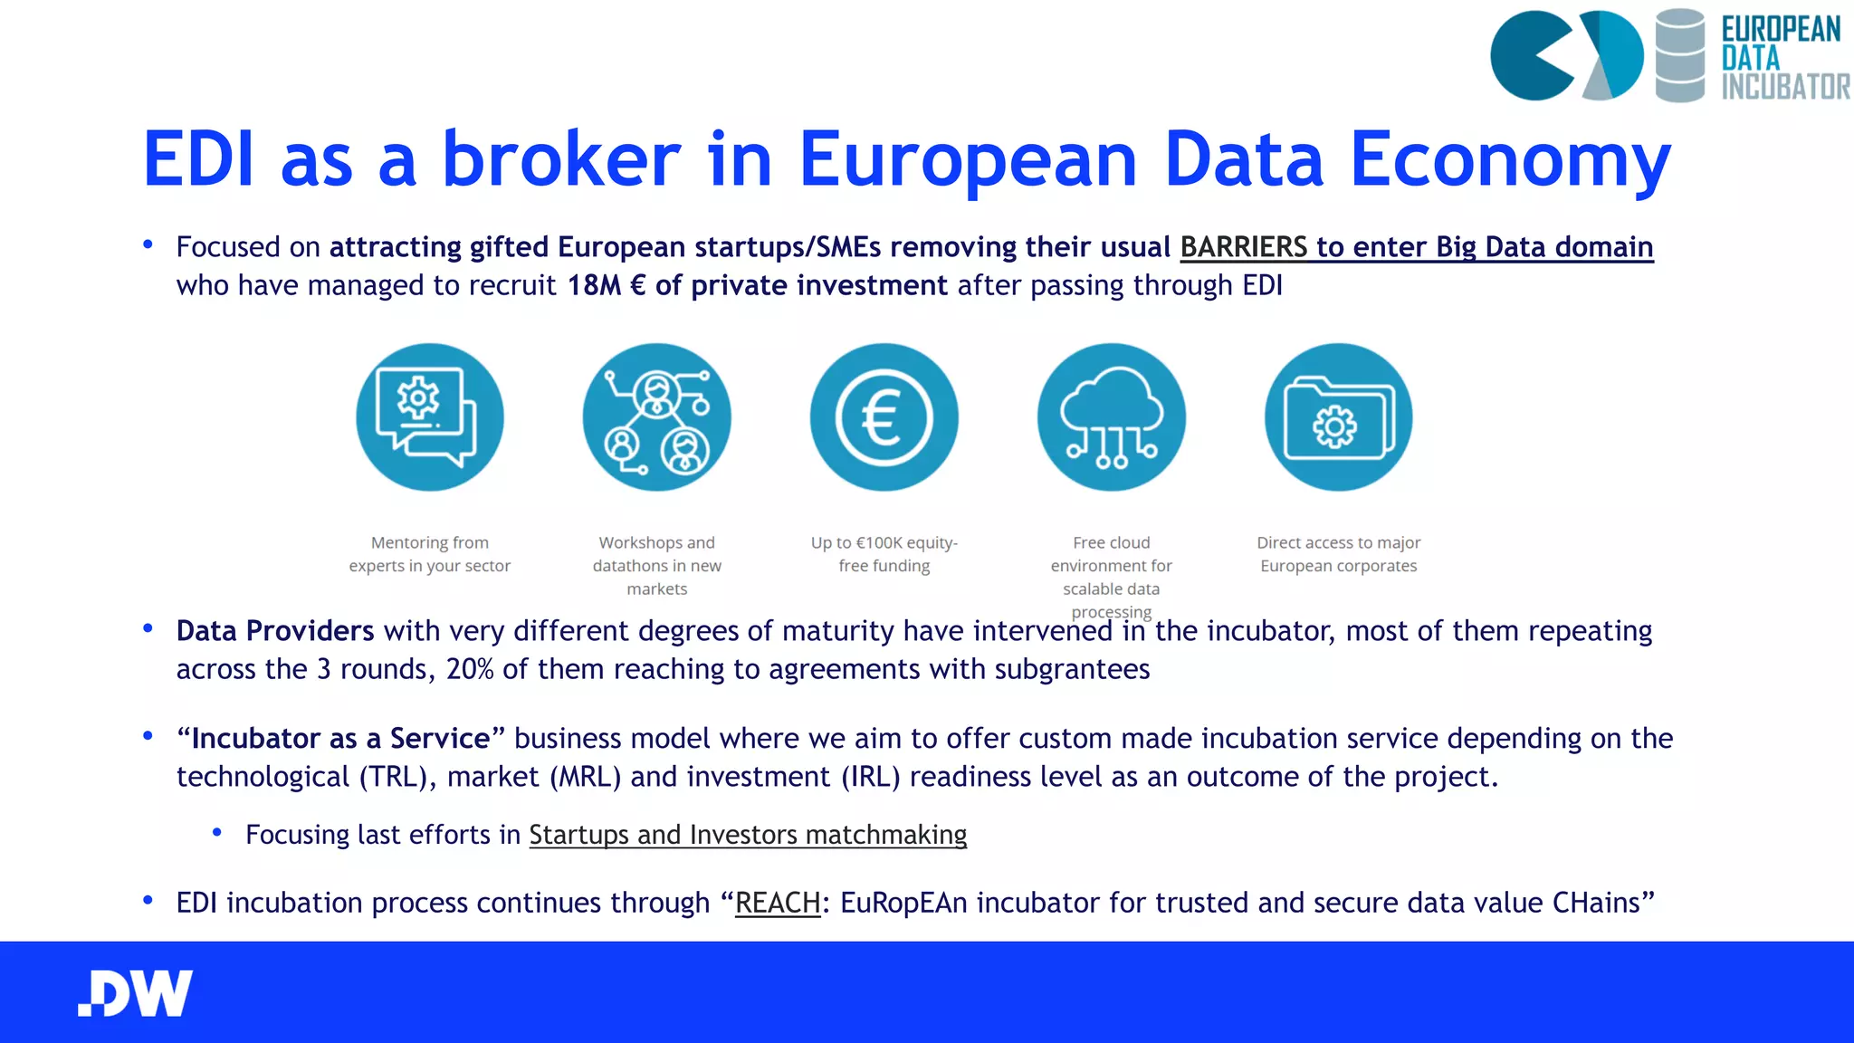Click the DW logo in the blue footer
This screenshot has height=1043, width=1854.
tap(136, 993)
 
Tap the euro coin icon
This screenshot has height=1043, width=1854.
tap(884, 417)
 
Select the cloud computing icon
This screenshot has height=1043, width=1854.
tap(1111, 417)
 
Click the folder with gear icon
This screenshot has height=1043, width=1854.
tap(1338, 417)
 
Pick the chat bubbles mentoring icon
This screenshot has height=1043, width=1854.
tap(429, 417)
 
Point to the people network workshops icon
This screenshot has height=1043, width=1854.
tap(656, 417)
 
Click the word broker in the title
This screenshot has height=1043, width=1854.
tap(560, 159)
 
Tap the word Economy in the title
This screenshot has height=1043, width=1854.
tap(1510, 159)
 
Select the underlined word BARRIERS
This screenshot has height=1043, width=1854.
tap(1243, 247)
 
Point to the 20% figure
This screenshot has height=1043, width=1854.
tap(470, 669)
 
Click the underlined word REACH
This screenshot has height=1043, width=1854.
tap(778, 903)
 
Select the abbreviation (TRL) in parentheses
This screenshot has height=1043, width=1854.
tap(392, 777)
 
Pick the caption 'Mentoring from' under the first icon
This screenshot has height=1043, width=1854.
tap(429, 542)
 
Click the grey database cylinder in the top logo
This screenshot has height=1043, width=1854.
tap(1679, 55)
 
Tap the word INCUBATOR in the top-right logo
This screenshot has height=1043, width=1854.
tap(1785, 87)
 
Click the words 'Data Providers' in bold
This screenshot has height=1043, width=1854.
tap(274, 630)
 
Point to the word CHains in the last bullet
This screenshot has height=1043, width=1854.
tap(1602, 903)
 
